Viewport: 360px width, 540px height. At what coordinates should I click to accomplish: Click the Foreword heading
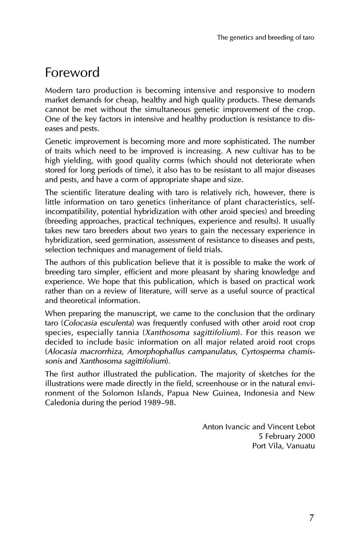72,72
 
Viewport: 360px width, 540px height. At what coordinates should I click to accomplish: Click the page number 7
311,518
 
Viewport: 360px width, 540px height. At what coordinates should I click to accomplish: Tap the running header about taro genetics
265,38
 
